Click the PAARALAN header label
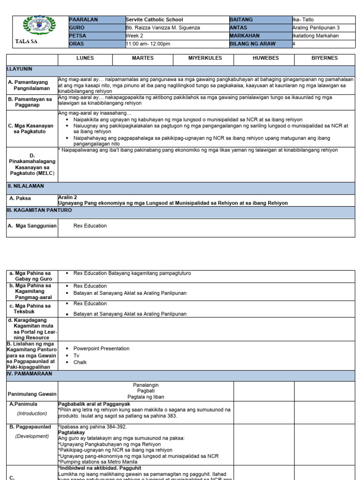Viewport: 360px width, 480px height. point(83,20)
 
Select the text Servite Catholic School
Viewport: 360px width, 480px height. point(154,20)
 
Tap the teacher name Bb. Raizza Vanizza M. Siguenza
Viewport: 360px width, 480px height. point(163,28)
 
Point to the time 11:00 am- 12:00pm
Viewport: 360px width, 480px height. point(148,44)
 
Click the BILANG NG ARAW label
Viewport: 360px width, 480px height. point(253,44)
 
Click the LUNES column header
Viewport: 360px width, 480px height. point(85,58)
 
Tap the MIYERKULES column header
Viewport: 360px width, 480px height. point(203,58)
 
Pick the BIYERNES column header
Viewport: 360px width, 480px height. point(324,58)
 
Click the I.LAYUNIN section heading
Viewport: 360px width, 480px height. point(19,68)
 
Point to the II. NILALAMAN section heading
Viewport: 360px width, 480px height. point(25,186)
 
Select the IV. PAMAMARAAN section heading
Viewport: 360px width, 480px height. point(29,374)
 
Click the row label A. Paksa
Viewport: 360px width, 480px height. point(22,198)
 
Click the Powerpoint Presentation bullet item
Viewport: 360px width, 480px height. point(101,348)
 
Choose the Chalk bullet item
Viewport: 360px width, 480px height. point(80,362)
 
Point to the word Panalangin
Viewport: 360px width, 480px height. point(146,384)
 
